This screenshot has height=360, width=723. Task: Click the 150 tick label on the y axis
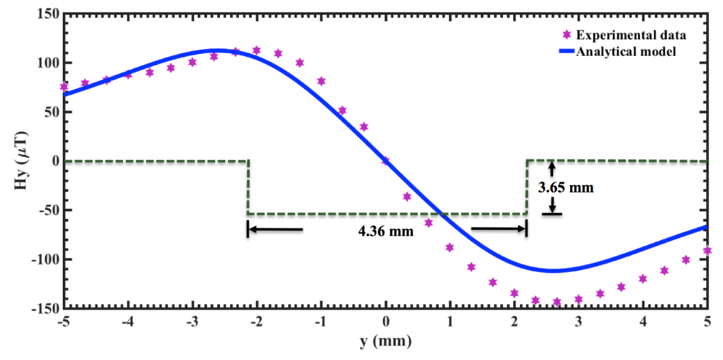click(x=48, y=14)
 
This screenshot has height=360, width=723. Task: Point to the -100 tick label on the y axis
click(x=46, y=260)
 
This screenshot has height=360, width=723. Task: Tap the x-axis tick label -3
click(x=192, y=322)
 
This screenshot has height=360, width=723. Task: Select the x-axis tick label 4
click(x=643, y=322)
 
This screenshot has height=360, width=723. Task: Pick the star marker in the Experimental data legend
click(x=567, y=35)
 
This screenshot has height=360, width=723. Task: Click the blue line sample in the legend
click(x=567, y=51)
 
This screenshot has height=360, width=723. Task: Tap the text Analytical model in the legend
click(x=626, y=52)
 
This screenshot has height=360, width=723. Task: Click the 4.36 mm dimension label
click(x=386, y=231)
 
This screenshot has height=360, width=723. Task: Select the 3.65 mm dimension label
click(x=566, y=187)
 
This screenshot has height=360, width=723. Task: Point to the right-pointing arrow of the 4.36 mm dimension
click(x=498, y=229)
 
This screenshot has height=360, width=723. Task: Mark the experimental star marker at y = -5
click(x=64, y=87)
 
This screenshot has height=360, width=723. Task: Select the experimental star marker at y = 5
click(x=708, y=250)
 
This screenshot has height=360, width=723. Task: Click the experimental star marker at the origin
click(x=386, y=161)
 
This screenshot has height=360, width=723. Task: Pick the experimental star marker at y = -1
click(x=321, y=81)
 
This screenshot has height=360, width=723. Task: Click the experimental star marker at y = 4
click(x=643, y=279)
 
